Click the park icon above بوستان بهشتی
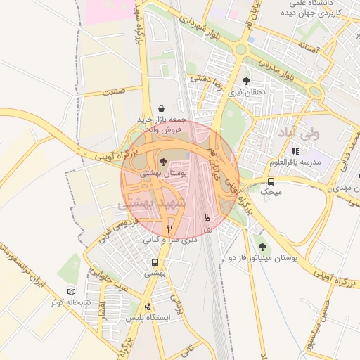coord(163,162)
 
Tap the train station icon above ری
coord(207,217)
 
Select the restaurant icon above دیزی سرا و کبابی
coord(169,229)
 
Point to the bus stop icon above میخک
coord(271,181)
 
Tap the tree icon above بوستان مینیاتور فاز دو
coord(262,247)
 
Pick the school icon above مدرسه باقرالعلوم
coord(295,151)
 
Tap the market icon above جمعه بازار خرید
coord(162,109)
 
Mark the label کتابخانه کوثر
coord(67,302)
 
